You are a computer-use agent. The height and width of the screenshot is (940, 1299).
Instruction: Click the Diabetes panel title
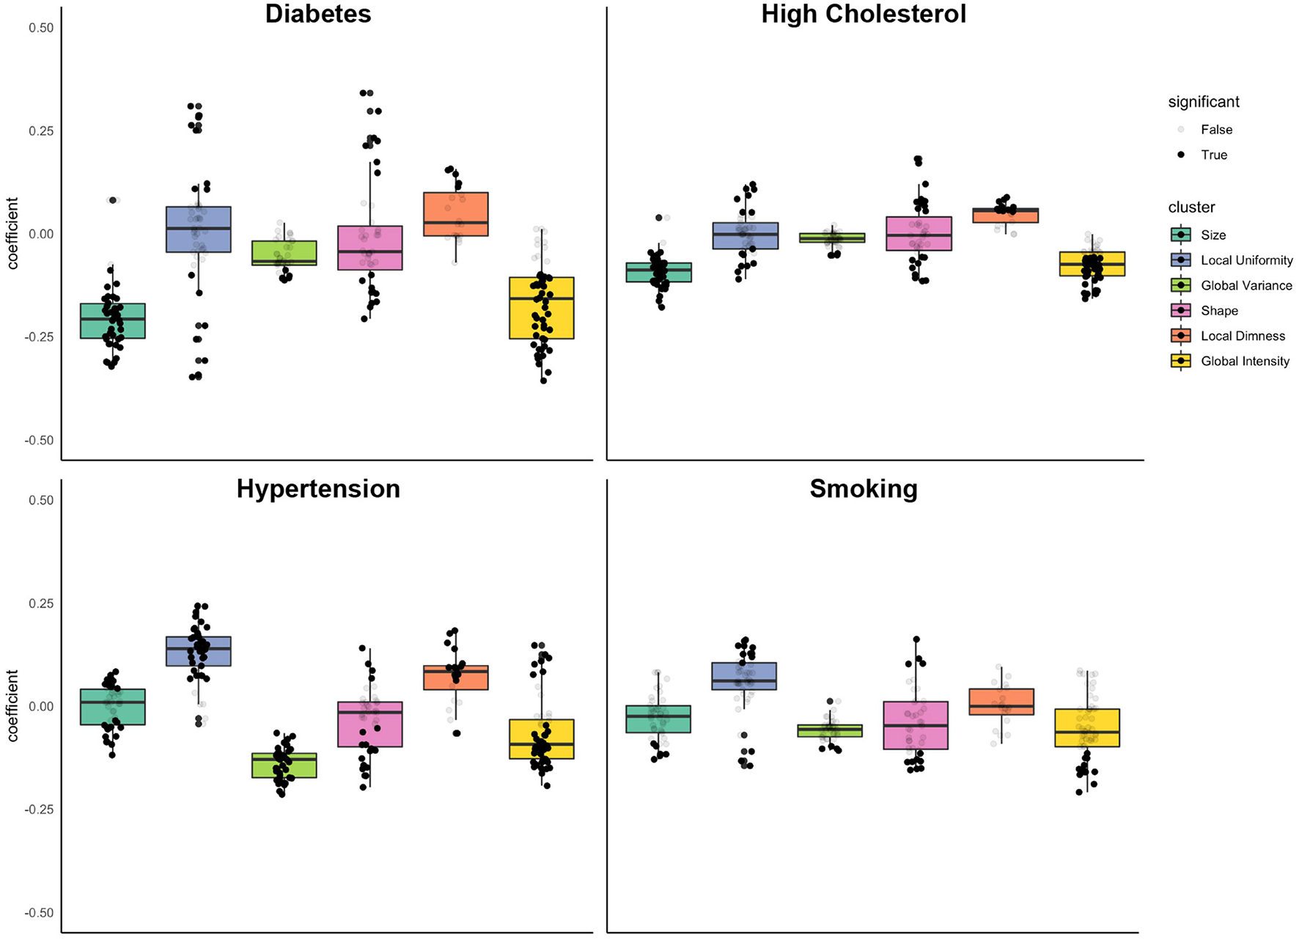(x=317, y=15)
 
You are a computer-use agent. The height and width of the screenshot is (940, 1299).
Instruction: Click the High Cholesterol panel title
(x=863, y=15)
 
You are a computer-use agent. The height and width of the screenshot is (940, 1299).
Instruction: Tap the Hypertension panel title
(x=317, y=489)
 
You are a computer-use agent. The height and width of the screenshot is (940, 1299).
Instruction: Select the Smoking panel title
(x=863, y=489)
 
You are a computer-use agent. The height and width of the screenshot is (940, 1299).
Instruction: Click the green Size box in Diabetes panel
(x=112, y=321)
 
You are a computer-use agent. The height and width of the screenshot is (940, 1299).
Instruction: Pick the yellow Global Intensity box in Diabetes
(x=542, y=308)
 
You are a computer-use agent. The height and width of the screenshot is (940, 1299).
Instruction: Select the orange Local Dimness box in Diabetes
(x=456, y=214)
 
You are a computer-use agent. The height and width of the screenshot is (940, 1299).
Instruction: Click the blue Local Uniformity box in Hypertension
(x=198, y=651)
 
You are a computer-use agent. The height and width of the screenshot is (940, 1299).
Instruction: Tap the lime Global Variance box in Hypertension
(x=284, y=765)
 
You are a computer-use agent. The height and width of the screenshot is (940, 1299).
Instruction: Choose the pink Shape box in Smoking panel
(x=915, y=725)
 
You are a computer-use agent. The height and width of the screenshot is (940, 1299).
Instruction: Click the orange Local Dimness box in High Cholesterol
(x=1005, y=215)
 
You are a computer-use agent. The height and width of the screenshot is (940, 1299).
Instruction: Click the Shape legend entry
(x=1219, y=311)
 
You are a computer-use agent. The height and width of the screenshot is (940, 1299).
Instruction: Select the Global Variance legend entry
(x=1246, y=286)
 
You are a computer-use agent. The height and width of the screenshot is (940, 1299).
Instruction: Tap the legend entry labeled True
(x=1213, y=155)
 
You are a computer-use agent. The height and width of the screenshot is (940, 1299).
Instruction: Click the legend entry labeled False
(x=1216, y=130)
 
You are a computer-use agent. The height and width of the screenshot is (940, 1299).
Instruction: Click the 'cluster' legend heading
(x=1191, y=208)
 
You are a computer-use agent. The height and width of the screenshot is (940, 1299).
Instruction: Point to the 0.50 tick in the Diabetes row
(x=41, y=28)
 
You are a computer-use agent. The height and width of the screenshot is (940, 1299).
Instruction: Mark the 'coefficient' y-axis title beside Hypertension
(x=13, y=705)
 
